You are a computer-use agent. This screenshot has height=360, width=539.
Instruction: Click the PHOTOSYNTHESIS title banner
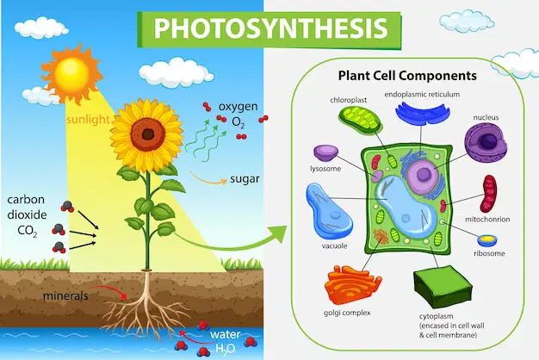pyautogui.click(x=269, y=29)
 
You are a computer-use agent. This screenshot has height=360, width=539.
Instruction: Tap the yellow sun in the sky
pyautogui.click(x=71, y=72)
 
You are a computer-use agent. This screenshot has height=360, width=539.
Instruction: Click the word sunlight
pyautogui.click(x=88, y=120)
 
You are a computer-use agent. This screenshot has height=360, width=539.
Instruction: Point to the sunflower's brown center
pyautogui.click(x=148, y=133)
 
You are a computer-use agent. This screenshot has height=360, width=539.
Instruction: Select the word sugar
pyautogui.click(x=245, y=179)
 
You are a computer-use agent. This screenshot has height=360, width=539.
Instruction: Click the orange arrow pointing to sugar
pyautogui.click(x=208, y=178)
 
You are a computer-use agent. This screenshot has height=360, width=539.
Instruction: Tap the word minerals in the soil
pyautogui.click(x=65, y=295)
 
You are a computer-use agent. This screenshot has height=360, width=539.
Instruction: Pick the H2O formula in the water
pyautogui.click(x=225, y=349)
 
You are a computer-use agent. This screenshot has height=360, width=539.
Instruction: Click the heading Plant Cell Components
pyautogui.click(x=407, y=76)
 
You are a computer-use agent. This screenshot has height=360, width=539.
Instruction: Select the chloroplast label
pyautogui.click(x=348, y=100)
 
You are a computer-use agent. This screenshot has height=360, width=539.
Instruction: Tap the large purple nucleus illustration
pyautogui.click(x=486, y=141)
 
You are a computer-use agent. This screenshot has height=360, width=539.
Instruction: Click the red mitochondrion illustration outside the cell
pyautogui.click(x=488, y=194)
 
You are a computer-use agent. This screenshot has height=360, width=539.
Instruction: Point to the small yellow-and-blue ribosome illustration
pyautogui.click(x=486, y=240)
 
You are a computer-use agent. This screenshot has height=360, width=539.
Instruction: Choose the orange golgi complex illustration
pyautogui.click(x=353, y=285)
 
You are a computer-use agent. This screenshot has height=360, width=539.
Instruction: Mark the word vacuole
pyautogui.click(x=334, y=245)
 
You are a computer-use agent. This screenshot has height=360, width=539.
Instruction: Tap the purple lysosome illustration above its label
pyautogui.click(x=325, y=153)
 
